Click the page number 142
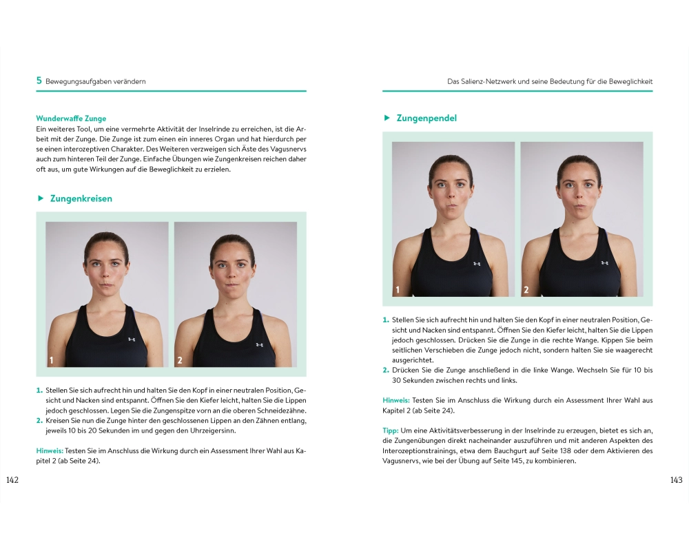pyautogui.click(x=12, y=480)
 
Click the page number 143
pyautogui.click(x=677, y=480)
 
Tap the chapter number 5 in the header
pyautogui.click(x=39, y=81)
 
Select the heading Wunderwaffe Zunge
pyautogui.click(x=71, y=118)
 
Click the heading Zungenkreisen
pyautogui.click(x=81, y=198)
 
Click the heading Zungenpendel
pyautogui.click(x=426, y=118)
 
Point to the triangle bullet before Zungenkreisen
pyautogui.click(x=41, y=198)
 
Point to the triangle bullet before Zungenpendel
pyautogui.click(x=387, y=118)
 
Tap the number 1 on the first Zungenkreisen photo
pyautogui.click(x=52, y=360)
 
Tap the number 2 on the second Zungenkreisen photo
pyautogui.click(x=180, y=360)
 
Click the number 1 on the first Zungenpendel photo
pyautogui.click(x=398, y=289)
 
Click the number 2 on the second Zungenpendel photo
pyautogui.click(x=526, y=289)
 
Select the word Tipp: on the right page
pyautogui.click(x=391, y=430)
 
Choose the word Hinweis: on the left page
pyautogui.click(x=50, y=451)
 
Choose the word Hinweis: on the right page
pyautogui.click(x=396, y=400)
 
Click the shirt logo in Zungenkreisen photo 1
pyautogui.click(x=132, y=340)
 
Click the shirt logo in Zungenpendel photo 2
pyautogui.click(x=605, y=262)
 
